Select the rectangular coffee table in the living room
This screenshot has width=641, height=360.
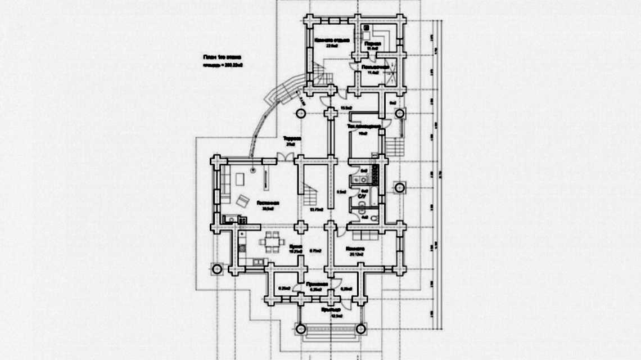pos(240,179)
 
